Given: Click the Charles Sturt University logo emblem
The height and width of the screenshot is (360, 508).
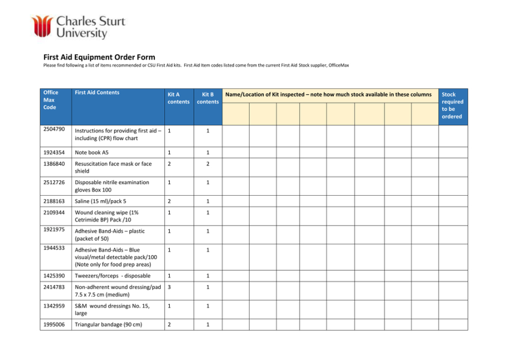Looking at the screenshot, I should click(42, 26).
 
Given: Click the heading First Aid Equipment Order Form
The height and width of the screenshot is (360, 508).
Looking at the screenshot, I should click(99, 57).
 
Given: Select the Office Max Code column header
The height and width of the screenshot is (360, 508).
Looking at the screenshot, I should click(51, 100).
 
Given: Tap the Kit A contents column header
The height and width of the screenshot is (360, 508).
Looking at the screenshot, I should click(178, 98).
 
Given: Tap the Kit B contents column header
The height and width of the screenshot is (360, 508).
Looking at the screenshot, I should click(208, 98).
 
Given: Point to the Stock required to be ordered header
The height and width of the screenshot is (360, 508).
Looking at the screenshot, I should click(452, 105).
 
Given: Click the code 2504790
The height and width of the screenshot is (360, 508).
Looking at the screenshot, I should click(54, 129).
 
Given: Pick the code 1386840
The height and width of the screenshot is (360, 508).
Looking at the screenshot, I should click(54, 164).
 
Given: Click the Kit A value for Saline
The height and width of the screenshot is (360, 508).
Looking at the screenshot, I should click(169, 201).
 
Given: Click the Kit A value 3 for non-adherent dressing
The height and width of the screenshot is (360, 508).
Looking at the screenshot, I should click(169, 287).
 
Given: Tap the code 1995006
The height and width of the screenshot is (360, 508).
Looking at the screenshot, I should click(54, 324).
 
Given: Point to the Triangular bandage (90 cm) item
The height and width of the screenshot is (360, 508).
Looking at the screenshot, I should click(109, 324).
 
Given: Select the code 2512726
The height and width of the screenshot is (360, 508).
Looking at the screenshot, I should click(54, 182).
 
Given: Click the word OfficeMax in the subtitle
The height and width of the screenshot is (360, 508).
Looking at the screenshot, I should click(338, 66).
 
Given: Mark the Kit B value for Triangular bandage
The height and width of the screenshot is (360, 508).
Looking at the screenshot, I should click(208, 324).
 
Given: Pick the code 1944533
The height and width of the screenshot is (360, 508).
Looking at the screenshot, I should click(54, 248).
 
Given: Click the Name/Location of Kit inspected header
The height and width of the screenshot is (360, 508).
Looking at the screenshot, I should click(328, 95).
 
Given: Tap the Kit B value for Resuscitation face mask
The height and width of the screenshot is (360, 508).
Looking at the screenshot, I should click(208, 164).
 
